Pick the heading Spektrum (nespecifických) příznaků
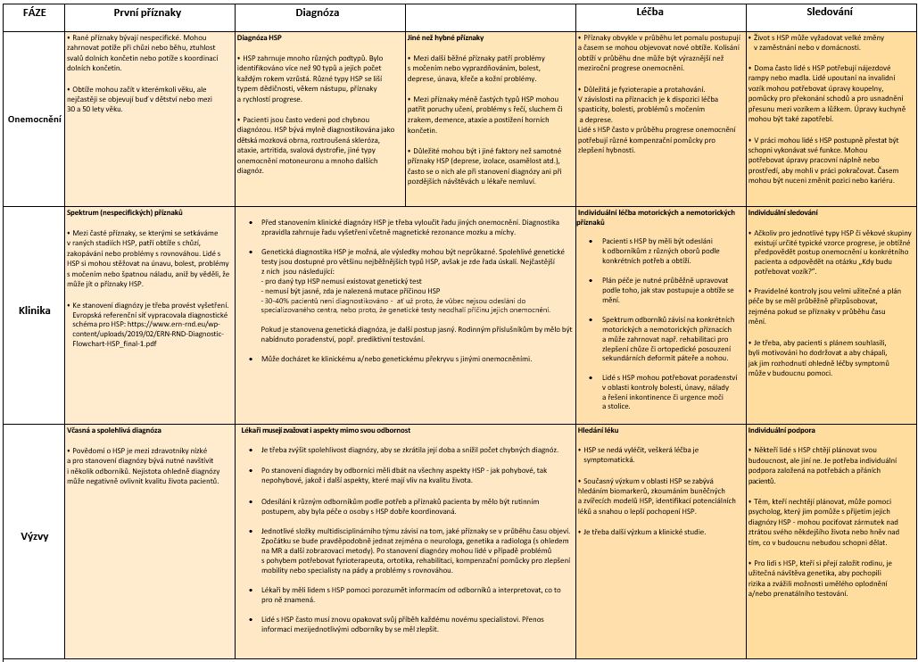(x=124, y=214)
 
